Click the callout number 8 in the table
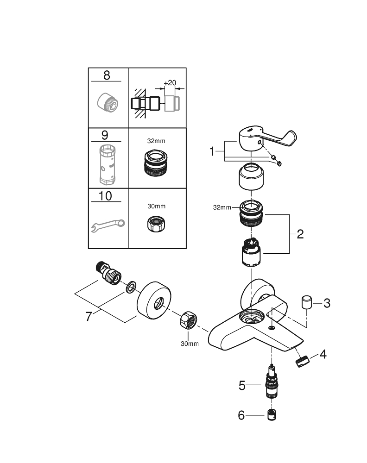click(107, 75)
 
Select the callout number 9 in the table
click(105, 135)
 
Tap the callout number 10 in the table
click(105, 196)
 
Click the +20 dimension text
click(170, 82)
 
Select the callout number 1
click(212, 151)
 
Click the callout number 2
click(300, 234)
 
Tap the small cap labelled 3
click(306, 301)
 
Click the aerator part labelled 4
click(303, 360)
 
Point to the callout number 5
click(242, 385)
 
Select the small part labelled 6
click(272, 415)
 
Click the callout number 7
click(89, 317)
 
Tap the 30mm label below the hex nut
click(189, 344)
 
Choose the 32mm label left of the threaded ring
click(222, 207)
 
